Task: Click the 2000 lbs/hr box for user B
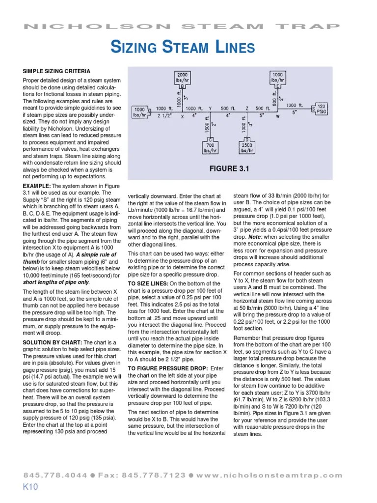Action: point(182,78)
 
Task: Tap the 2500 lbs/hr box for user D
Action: point(247,147)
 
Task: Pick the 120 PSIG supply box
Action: point(322,109)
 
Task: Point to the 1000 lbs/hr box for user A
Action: point(139,112)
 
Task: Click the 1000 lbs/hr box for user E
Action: point(277,78)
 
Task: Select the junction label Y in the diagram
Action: point(210,108)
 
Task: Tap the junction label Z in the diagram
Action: point(247,108)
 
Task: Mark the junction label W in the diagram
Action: point(278,117)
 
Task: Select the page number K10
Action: point(30,487)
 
